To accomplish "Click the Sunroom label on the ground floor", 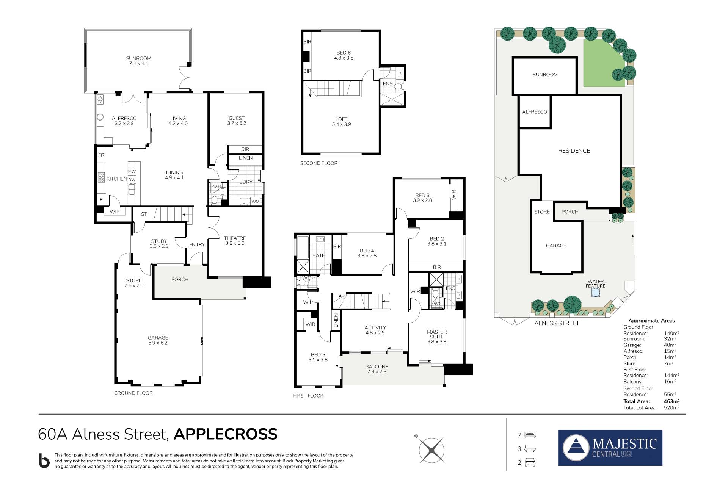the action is tap(138, 61).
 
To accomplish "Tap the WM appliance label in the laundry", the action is tap(255, 202).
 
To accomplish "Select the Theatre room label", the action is tap(235, 241).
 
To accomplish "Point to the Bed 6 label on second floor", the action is tap(344, 55).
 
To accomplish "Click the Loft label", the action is tap(341, 122).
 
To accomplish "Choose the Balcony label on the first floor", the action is tap(377, 369).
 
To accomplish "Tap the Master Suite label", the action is tap(437, 337).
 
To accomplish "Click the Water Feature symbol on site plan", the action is tap(595, 293).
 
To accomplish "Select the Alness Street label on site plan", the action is tap(557, 323).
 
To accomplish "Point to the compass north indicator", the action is tap(416, 436).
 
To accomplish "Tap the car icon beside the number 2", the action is tap(530, 462).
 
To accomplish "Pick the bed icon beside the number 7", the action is tap(530, 435).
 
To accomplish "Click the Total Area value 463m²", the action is tap(672, 401).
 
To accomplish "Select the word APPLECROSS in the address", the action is tap(226, 434).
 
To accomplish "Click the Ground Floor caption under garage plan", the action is tap(133, 393).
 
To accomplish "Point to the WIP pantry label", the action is tap(115, 212).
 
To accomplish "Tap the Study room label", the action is tap(159, 243).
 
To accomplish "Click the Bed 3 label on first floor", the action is tap(422, 198).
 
